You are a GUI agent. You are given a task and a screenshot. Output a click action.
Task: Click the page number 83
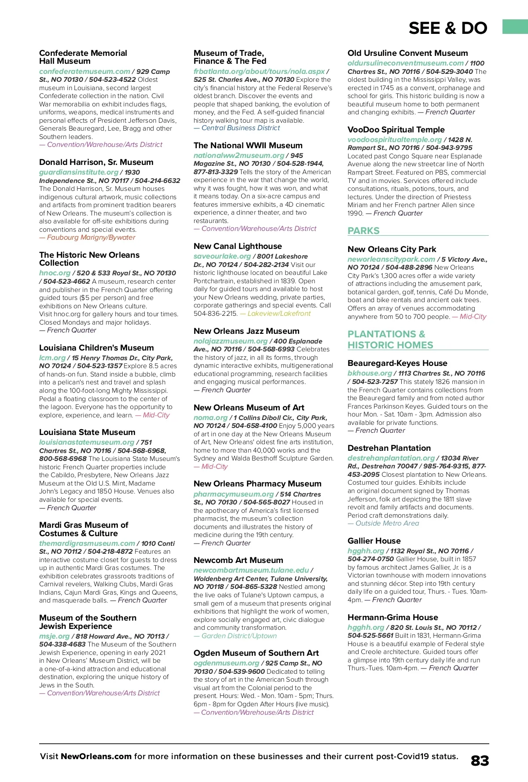[480, 761]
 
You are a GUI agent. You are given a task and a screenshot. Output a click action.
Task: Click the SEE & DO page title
[447, 29]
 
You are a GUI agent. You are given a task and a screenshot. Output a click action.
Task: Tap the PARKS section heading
[363, 231]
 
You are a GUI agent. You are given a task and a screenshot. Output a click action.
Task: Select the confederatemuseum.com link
[84, 71]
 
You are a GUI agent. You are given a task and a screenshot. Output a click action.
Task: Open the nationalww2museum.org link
[239, 155]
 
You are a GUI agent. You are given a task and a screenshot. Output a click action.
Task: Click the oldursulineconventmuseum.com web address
[405, 63]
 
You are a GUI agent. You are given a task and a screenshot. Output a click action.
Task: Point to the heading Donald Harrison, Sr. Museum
[96, 162]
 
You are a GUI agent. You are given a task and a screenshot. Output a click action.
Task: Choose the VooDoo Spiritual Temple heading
[396, 130]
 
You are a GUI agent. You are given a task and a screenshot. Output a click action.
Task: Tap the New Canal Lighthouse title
[238, 246]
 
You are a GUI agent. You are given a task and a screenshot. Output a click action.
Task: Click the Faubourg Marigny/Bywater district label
[91, 238]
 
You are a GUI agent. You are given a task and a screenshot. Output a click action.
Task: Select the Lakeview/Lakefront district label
[279, 314]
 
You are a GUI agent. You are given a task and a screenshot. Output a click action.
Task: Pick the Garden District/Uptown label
[239, 636]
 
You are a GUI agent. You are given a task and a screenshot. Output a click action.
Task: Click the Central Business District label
[240, 128]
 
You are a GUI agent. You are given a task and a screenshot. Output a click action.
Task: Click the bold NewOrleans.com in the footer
[96, 756]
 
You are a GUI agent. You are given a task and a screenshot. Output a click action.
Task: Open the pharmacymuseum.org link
[234, 494]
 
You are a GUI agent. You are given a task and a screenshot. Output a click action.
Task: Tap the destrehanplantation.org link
[391, 458]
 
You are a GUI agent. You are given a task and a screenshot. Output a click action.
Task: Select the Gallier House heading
[374, 541]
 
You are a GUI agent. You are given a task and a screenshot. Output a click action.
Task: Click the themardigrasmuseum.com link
[87, 543]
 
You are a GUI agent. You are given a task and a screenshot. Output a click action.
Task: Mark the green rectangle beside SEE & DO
[515, 26]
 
